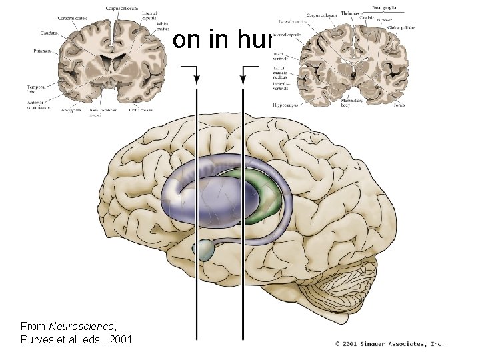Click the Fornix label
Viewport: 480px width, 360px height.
(400, 104)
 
